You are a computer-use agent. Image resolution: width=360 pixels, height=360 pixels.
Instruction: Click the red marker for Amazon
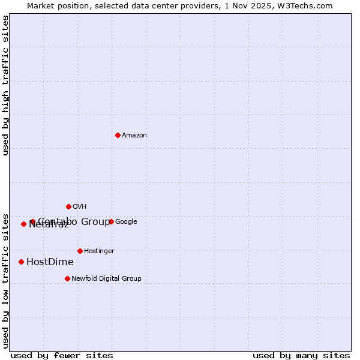coord(118,135)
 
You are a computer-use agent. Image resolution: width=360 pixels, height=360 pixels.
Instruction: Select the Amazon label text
coord(134,136)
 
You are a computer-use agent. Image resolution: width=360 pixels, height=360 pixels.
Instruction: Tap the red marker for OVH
coord(68,206)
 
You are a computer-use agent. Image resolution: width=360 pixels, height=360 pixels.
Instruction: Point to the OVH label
coord(80,207)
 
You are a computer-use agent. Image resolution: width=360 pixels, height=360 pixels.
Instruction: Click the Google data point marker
coord(111,221)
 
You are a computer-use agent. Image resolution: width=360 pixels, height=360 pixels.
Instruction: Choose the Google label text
coord(126,222)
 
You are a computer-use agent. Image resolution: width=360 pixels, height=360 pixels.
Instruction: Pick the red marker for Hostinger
coord(80,251)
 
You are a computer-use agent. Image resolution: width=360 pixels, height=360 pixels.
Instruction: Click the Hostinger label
coord(99,251)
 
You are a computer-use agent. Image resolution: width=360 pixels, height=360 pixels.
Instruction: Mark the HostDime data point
coord(21,262)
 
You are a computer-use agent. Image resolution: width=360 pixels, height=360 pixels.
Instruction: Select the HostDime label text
coord(50,262)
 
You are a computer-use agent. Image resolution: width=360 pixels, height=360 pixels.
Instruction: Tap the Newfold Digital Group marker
coord(67,278)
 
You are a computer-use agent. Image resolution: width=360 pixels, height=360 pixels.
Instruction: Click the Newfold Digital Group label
coord(106,279)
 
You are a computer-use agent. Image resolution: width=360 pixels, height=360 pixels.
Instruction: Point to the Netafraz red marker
coord(23,224)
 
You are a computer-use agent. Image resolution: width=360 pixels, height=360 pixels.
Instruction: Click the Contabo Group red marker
coord(32,221)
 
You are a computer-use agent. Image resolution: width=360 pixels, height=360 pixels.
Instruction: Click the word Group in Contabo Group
coord(96,222)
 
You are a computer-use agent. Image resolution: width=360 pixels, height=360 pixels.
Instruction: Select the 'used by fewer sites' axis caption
coord(62,355)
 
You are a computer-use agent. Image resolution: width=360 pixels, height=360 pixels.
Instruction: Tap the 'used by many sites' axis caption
coord(301,355)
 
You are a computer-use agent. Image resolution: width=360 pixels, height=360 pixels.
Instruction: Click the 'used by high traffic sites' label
coord(5,85)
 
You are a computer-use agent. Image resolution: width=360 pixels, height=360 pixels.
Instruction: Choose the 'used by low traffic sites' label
coord(5,280)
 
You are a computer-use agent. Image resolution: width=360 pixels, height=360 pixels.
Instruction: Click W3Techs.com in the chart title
coord(308,5)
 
